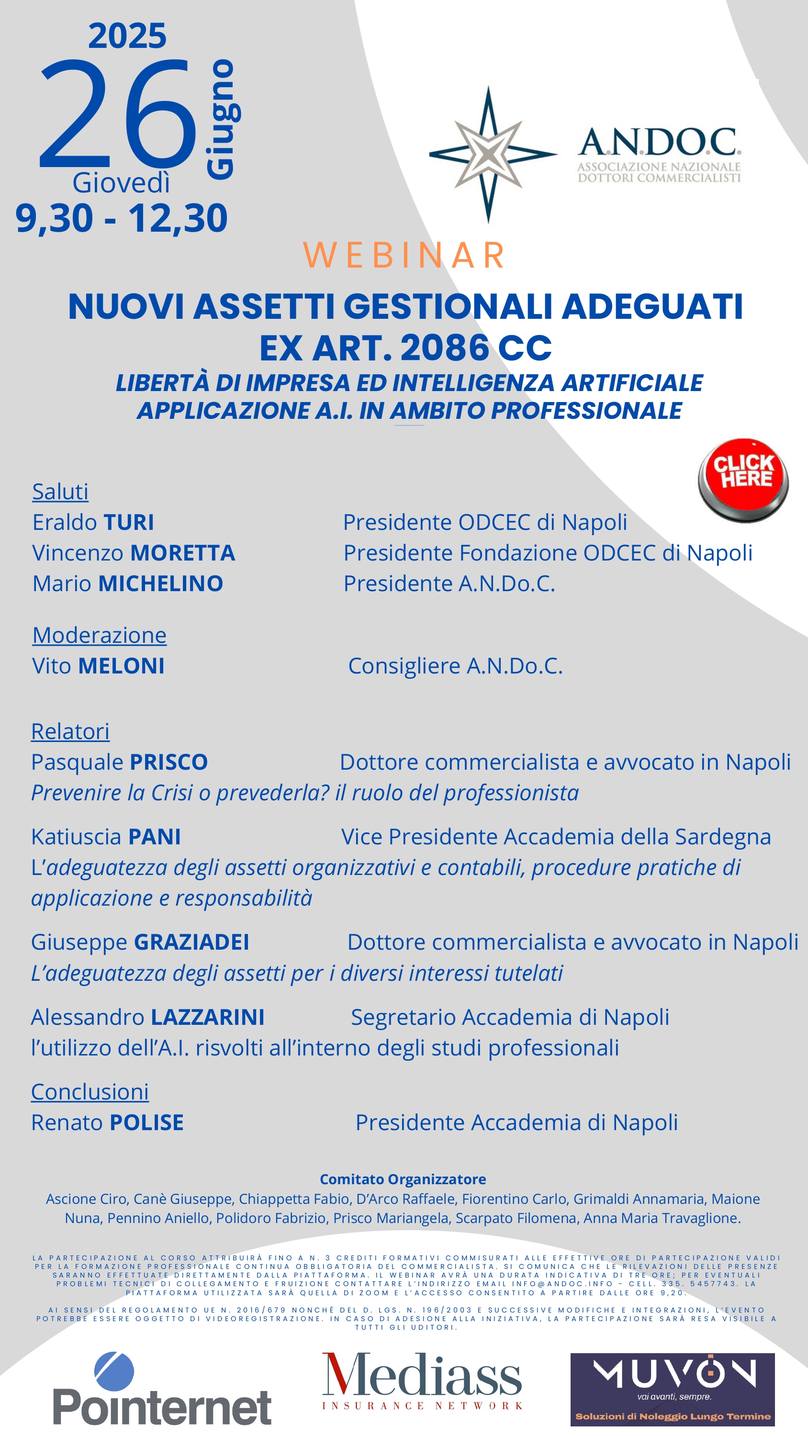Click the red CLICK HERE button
pos(743,480)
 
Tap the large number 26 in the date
pos(118,114)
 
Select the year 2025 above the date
pos(127,36)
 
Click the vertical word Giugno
pos(222,119)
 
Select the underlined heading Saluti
pos(60,492)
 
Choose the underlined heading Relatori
pos(70,731)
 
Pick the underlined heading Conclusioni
pos(90,1091)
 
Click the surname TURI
pos(128,522)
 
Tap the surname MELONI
pos(121,666)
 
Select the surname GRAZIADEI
pos(191,942)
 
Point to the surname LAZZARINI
pos(207,1017)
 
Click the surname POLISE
pos(146,1122)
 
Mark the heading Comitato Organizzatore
pos(403,1179)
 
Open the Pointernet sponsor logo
pos(162,1389)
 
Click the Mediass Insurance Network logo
pos(422,1381)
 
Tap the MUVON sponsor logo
pos(673,1389)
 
